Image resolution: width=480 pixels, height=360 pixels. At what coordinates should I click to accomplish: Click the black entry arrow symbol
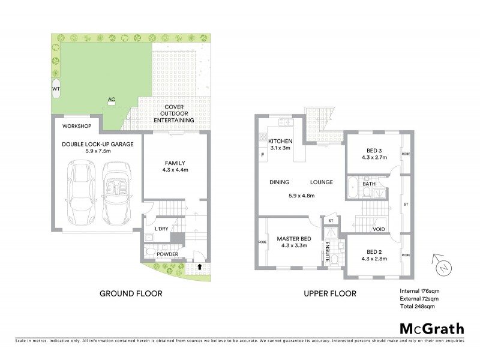(199, 266)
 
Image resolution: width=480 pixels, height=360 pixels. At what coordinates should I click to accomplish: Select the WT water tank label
(56, 89)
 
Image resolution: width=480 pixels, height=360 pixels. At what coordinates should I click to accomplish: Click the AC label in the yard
(111, 100)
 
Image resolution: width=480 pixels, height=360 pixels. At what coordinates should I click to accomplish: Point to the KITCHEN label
(280, 140)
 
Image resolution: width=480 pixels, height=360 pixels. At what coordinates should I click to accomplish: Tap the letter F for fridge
(262, 156)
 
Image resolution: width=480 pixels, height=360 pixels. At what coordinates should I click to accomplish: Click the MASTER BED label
(292, 238)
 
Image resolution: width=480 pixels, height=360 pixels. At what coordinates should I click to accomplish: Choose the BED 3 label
(375, 151)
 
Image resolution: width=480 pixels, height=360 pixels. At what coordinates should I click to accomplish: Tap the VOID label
(379, 229)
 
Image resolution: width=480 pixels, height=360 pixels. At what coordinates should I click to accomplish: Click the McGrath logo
(431, 328)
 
